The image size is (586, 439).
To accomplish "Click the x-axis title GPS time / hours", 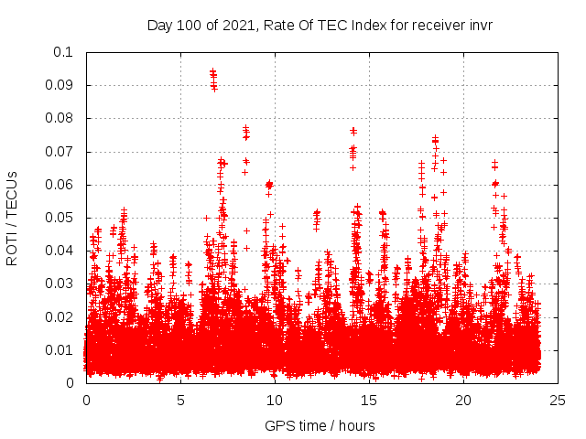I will coord(320,425).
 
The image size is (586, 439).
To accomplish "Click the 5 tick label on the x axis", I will coord(180,400).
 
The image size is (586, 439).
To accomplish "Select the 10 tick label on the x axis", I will coord(275,400).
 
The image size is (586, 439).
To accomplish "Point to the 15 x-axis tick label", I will coord(369,400).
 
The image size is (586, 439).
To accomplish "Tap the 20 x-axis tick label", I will coord(463,400).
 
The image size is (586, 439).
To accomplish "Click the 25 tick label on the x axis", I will coord(558,400).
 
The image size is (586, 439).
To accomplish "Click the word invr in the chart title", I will coord(481,25).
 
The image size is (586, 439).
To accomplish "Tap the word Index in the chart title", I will coord(357,25).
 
